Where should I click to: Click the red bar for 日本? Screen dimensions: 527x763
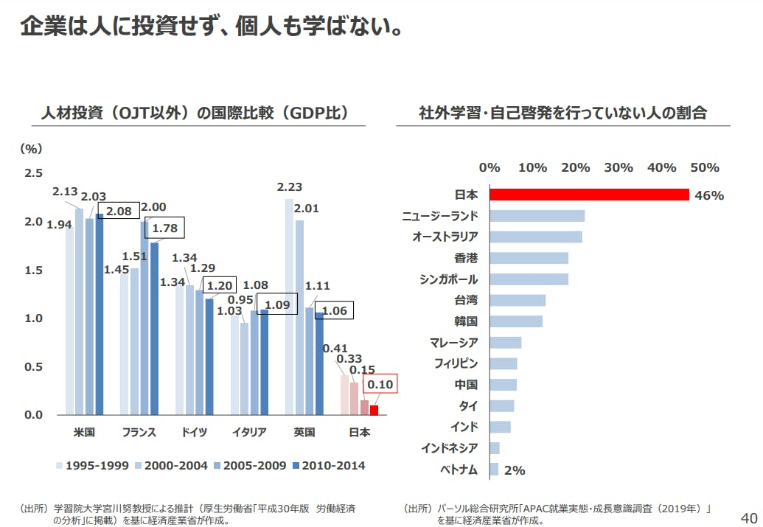coord(589,195)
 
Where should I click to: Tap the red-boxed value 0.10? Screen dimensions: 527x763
coord(380,384)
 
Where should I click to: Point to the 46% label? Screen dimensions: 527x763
coord(709,195)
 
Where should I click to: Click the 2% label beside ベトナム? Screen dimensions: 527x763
coord(515,470)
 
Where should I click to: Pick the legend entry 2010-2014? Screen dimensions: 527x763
coord(328,465)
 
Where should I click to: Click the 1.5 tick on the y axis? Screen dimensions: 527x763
coord(35,271)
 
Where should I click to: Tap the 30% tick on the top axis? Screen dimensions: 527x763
coord(619,167)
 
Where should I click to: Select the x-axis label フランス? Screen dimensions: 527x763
coord(139,432)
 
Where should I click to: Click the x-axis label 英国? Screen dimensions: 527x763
coord(304,432)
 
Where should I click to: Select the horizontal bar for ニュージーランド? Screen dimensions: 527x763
coord(537,216)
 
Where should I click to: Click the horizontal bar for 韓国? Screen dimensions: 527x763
coord(516,321)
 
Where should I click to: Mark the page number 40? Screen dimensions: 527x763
coord(748,516)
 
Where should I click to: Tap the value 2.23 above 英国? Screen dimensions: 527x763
coord(289,188)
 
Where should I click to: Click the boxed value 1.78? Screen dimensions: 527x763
coord(165,228)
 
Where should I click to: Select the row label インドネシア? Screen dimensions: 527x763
coord(449,448)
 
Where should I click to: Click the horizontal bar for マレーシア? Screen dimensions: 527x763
coord(506,343)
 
